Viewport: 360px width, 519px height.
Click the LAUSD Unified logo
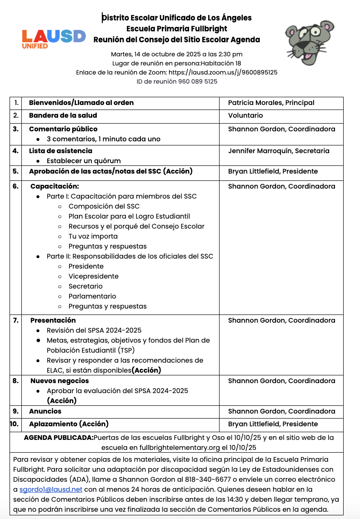click(x=54, y=38)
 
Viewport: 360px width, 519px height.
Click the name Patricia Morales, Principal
click(x=271, y=103)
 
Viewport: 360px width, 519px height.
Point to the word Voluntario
click(x=245, y=115)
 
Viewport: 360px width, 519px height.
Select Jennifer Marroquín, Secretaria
click(x=279, y=151)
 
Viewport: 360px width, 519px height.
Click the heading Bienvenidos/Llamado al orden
click(x=81, y=103)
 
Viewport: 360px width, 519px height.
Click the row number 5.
click(x=15, y=171)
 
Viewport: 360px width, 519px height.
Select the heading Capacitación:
click(x=55, y=186)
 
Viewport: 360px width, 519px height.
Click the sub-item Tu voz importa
click(x=93, y=236)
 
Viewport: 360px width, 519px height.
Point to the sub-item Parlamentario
click(x=92, y=296)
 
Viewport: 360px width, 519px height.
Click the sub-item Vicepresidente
click(x=94, y=276)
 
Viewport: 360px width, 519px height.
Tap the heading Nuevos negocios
click(x=60, y=381)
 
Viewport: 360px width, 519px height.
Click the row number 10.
click(x=15, y=424)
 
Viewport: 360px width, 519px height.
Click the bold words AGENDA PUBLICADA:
click(x=58, y=438)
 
